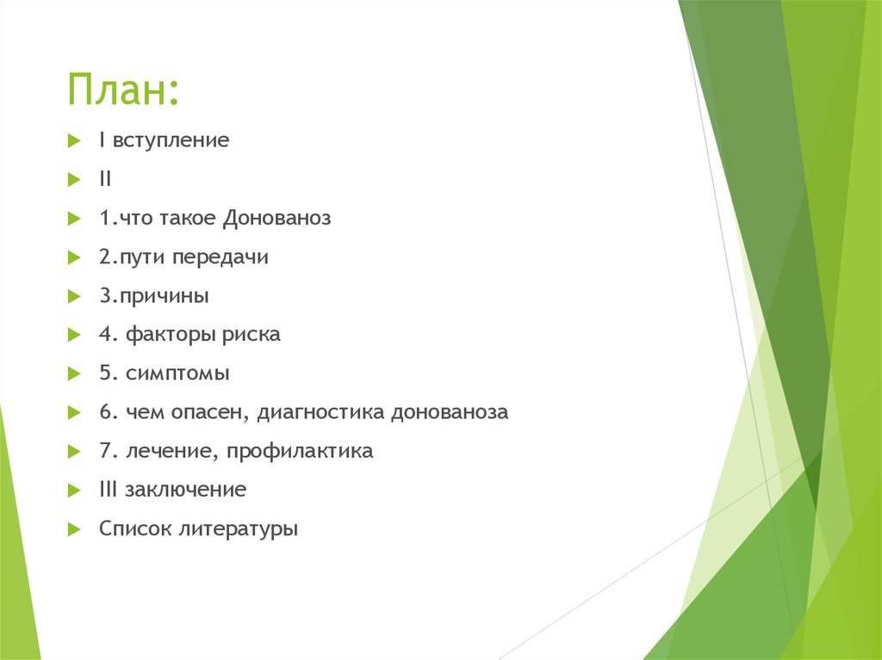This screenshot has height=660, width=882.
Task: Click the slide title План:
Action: pyautogui.click(x=124, y=90)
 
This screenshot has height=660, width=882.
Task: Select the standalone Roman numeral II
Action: pyautogui.click(x=104, y=179)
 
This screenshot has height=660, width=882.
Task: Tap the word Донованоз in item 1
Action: pyautogui.click(x=276, y=219)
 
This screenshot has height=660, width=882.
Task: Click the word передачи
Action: pyautogui.click(x=220, y=257)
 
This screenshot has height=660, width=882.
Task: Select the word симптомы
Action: pyautogui.click(x=177, y=373)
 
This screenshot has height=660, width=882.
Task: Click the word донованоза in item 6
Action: pyautogui.click(x=450, y=412)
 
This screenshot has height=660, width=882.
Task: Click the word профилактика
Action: pyautogui.click(x=306, y=451)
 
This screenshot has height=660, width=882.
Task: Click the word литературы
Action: pyautogui.click(x=238, y=529)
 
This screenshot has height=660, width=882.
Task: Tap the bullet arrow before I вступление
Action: pyautogui.click(x=73, y=140)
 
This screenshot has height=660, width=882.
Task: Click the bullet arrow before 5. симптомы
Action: pyautogui.click(x=73, y=373)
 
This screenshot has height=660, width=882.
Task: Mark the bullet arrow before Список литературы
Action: pyautogui.click(x=73, y=528)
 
